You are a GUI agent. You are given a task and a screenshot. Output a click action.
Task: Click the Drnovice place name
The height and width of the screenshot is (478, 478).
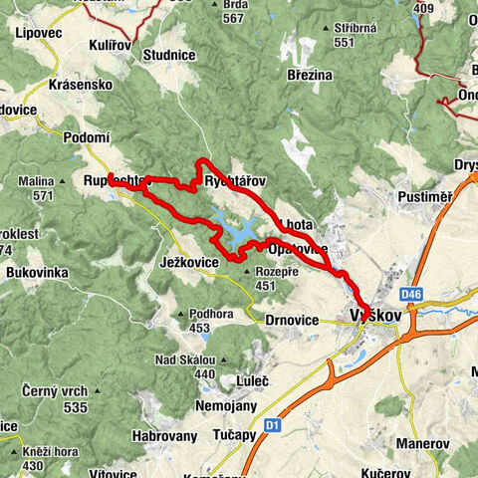coord(293,321)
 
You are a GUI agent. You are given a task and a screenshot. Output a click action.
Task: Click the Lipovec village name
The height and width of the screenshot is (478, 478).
coord(40,32)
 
